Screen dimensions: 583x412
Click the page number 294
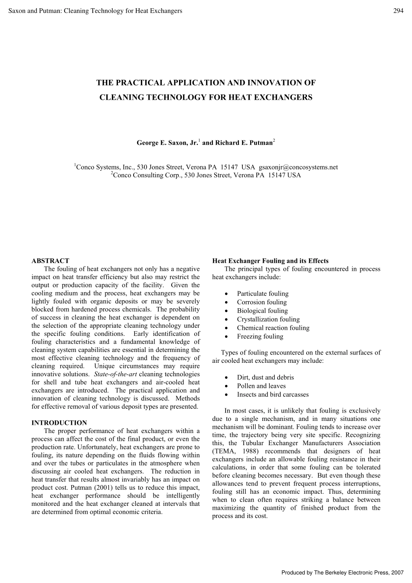398,11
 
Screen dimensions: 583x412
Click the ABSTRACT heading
50,261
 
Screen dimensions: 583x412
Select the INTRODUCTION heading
59,423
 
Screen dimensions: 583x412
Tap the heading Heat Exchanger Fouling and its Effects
270,261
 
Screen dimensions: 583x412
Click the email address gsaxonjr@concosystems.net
298,167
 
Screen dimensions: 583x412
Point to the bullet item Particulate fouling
262,294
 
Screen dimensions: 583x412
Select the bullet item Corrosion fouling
262,302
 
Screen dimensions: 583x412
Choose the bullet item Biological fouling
262,311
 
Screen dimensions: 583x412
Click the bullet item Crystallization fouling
268,319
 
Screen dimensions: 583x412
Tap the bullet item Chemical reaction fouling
273,328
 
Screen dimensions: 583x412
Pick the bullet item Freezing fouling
260,336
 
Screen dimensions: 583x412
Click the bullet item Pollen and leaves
261,386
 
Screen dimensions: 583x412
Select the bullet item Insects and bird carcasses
272,394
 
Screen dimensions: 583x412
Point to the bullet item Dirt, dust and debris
265,378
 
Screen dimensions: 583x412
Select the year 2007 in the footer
397,573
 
